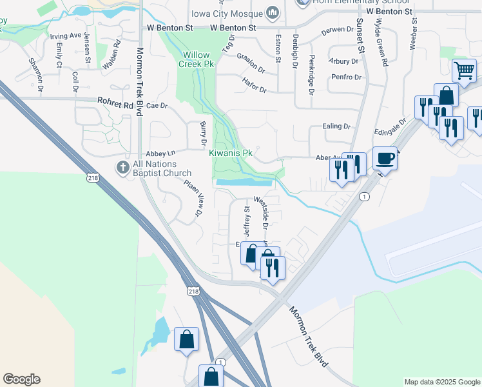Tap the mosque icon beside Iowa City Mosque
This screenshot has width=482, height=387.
point(273,13)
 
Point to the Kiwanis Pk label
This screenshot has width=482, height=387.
point(230,154)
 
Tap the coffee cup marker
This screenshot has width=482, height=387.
point(385,158)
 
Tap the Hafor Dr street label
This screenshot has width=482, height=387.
point(254,84)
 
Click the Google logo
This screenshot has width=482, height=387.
point(21,379)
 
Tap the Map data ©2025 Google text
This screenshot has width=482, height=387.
point(442,382)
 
